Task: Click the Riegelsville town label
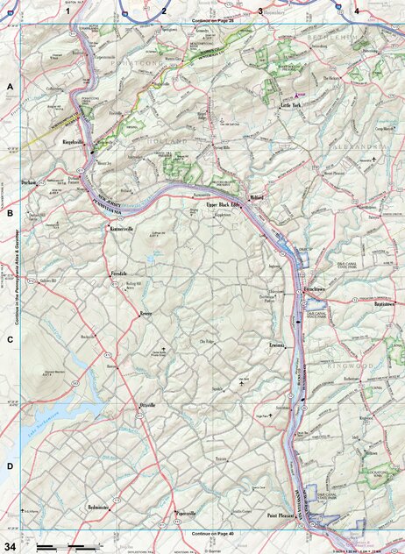click(x=72, y=139)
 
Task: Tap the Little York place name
click(x=290, y=104)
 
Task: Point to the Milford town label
click(x=255, y=198)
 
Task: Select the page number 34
click(x=10, y=547)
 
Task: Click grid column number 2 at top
click(x=163, y=11)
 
